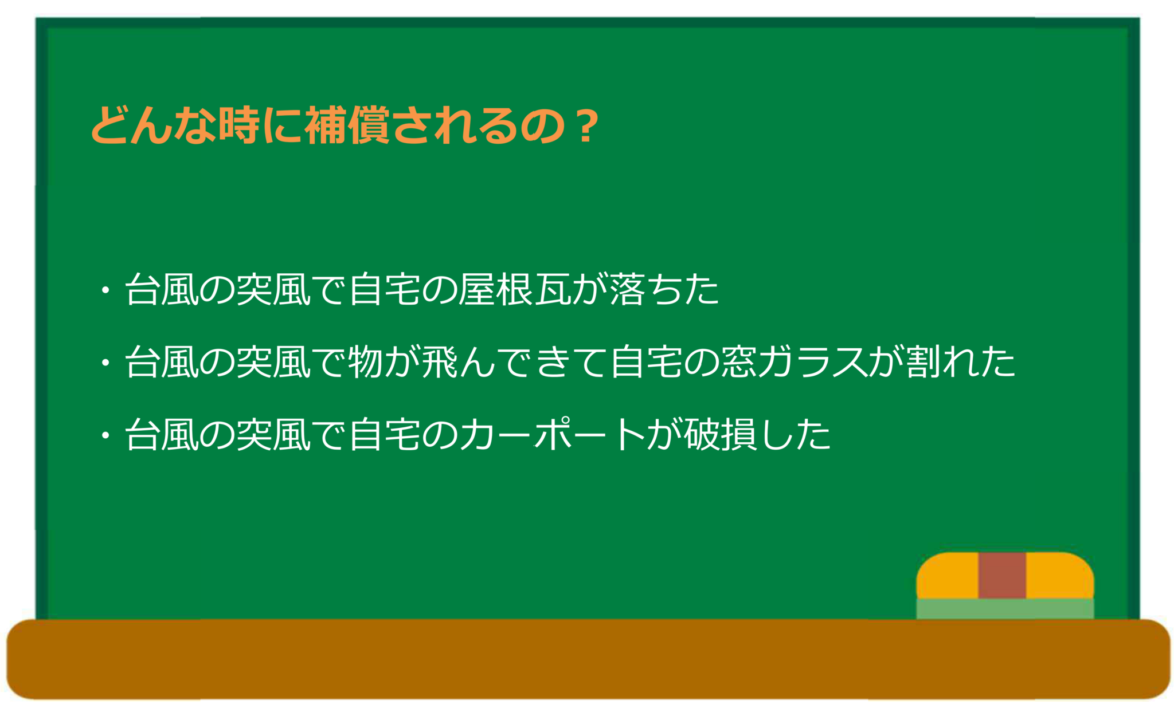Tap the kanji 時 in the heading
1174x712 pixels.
click(240, 125)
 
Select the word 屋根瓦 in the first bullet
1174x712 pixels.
click(514, 289)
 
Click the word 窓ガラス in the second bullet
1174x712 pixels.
click(795, 362)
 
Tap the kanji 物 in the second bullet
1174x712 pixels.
click(366, 362)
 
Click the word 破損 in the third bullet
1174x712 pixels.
click(721, 434)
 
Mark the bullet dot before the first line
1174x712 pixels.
click(105, 290)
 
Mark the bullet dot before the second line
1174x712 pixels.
click(105, 363)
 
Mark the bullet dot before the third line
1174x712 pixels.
click(105, 435)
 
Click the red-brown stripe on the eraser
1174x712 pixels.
click(1002, 575)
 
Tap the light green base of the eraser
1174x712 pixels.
click(1005, 608)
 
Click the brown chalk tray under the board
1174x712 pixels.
click(588, 659)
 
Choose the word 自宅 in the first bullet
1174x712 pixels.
click(385, 289)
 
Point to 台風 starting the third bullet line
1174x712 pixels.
click(162, 434)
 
